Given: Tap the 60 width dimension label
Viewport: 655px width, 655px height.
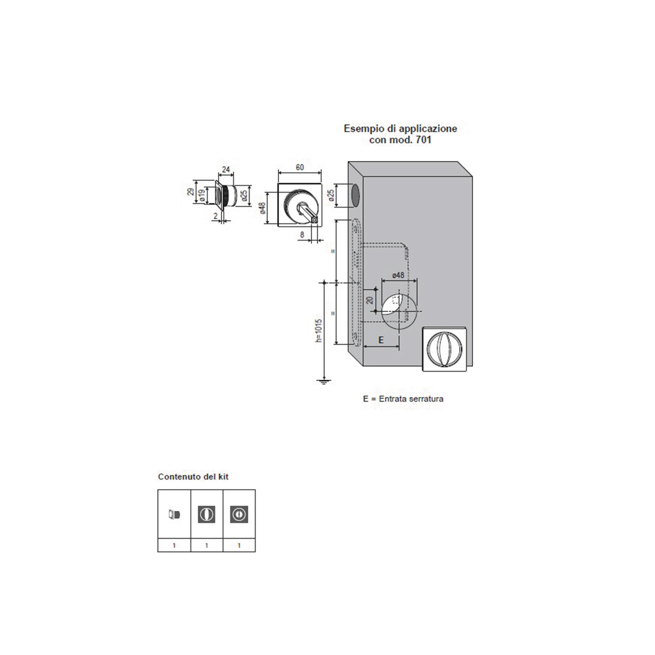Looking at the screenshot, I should click(299, 168).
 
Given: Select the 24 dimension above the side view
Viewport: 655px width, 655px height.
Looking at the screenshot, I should click(226, 169).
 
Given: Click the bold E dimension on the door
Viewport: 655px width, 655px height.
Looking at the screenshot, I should click(381, 340).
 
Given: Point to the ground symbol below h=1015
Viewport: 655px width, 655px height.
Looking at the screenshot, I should click(322, 381).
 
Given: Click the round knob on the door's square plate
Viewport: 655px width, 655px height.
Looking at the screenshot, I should click(445, 348).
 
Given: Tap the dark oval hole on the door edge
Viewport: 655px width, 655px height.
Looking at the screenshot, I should click(354, 195).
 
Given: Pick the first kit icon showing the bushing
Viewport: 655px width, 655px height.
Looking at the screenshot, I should click(174, 514).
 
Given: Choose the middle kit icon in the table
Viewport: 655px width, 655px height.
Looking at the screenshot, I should click(206, 514).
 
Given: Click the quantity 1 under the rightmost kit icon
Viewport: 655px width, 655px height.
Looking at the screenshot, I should click(239, 545).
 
